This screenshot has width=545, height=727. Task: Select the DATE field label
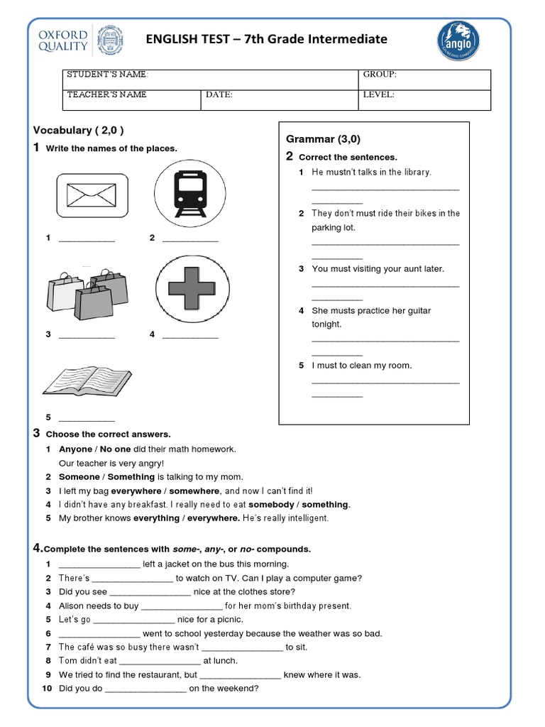[219, 94]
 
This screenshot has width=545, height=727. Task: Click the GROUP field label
[380, 75]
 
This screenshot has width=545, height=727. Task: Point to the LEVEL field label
[378, 94]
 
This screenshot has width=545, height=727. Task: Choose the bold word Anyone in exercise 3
[75, 449]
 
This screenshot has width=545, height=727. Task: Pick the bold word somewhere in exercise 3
[196, 491]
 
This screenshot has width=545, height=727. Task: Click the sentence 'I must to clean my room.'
[361, 366]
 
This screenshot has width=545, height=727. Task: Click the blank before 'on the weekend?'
[145, 689]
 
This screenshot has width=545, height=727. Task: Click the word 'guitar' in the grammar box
[417, 311]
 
